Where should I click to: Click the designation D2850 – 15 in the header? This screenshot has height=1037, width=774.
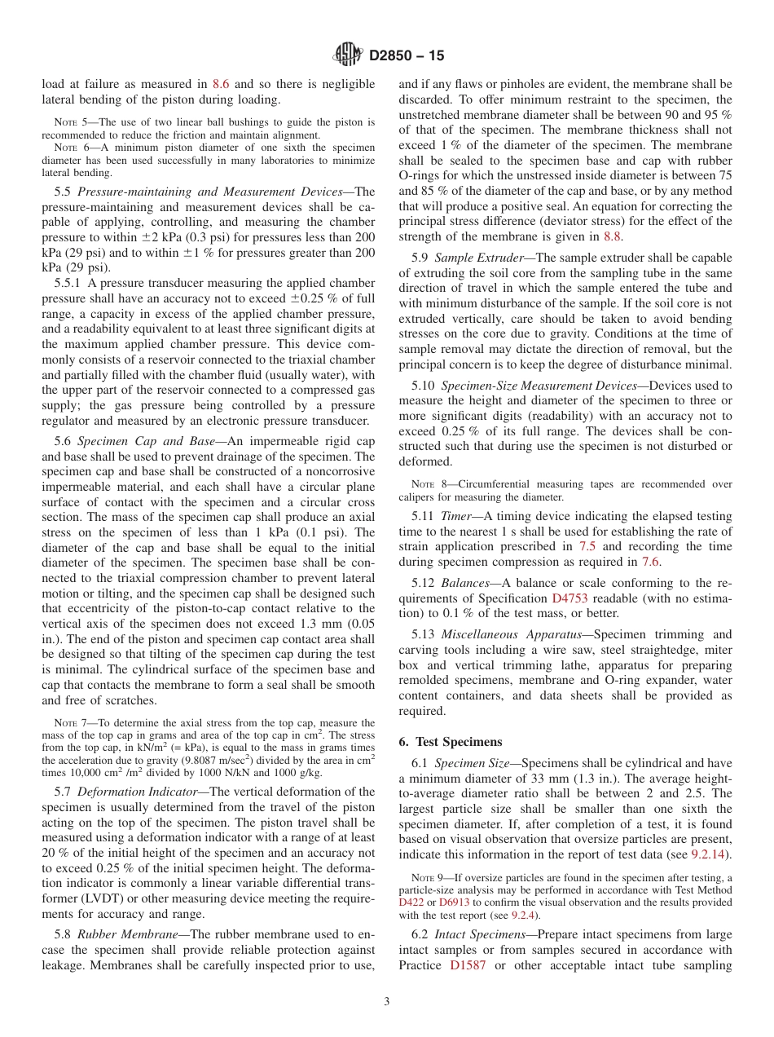407,56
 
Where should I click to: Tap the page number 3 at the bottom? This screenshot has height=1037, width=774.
387,1001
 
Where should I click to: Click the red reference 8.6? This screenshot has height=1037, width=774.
221,84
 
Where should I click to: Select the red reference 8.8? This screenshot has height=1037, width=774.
612,236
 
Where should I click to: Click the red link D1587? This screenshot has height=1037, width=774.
467,965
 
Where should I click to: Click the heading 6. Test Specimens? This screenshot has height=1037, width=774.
451,742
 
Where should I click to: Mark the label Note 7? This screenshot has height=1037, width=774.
69,723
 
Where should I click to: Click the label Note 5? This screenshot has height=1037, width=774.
69,122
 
